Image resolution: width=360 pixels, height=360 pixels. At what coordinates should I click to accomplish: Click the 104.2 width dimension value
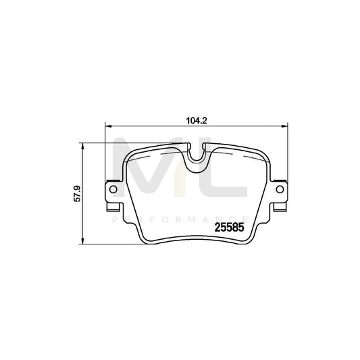[195, 121]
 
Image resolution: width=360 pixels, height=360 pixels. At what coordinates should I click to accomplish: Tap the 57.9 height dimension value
[78, 195]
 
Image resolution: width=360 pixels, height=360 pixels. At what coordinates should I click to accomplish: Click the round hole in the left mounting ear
[111, 191]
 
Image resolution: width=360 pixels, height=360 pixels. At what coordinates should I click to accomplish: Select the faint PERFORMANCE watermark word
[180, 220]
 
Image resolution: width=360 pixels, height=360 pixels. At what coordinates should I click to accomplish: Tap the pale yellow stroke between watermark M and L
[180, 176]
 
